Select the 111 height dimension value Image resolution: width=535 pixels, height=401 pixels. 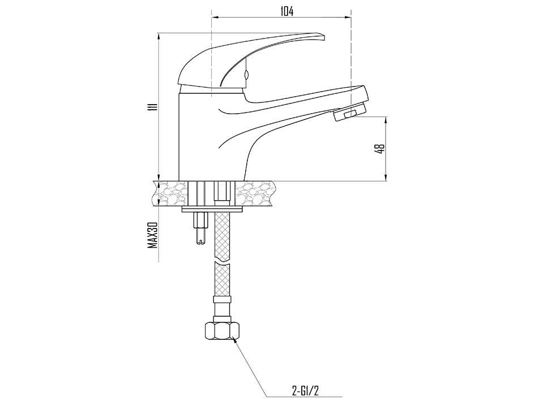pos(151,107)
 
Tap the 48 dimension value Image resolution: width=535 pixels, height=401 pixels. pos(380,149)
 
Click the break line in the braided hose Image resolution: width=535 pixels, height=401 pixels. pos(222,261)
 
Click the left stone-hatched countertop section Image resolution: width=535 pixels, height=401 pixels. pos(172,193)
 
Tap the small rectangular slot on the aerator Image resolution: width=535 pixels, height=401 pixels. pos(349,115)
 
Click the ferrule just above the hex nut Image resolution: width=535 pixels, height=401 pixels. pos(221,308)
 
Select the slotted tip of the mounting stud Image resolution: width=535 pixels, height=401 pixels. pos(201,242)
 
